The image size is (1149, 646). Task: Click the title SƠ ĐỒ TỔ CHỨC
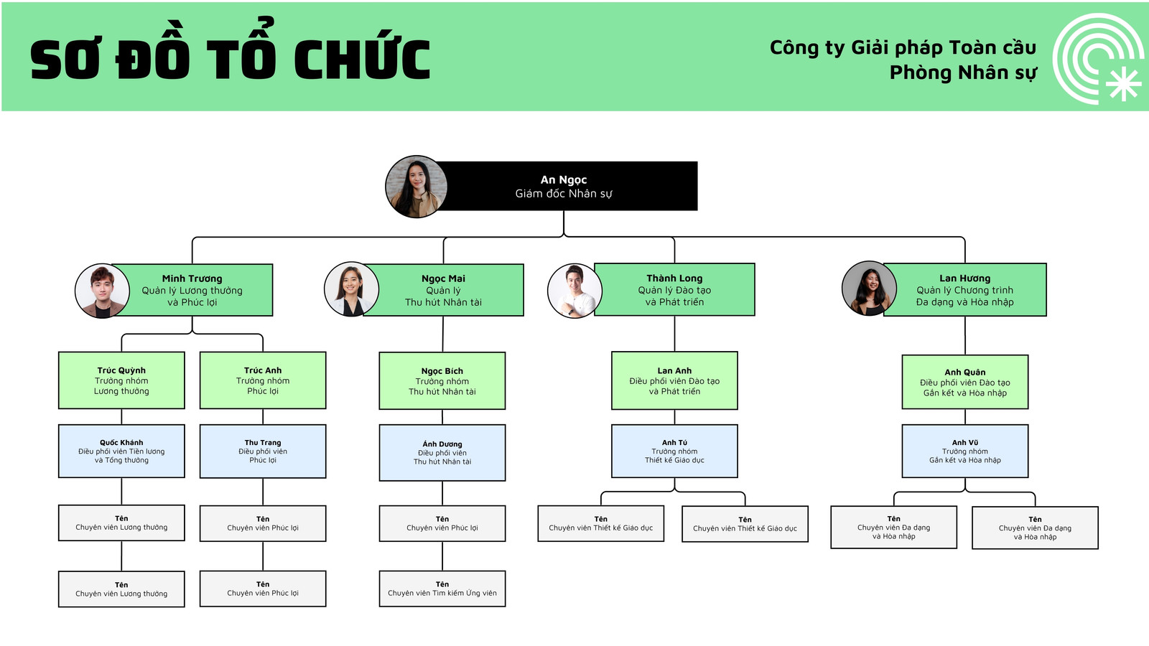coord(230,59)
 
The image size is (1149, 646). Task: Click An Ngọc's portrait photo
coord(416,187)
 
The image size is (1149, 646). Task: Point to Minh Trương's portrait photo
coord(102,290)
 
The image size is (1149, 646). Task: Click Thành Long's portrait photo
coord(574,291)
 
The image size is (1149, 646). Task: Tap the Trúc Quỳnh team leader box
coord(121,380)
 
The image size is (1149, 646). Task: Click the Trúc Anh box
coord(263,380)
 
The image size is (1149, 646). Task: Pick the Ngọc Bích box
coord(442,381)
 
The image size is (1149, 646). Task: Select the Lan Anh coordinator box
coord(674,380)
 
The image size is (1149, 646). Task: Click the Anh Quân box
coord(965,382)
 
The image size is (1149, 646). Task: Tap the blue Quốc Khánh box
coord(121,451)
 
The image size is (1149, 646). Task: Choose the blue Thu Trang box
coord(263,451)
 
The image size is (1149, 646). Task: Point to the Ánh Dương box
coord(442,452)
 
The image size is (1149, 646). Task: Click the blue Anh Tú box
coord(674,451)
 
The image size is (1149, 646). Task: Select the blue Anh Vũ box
coord(965,451)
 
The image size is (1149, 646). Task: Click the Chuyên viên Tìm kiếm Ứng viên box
coord(442,589)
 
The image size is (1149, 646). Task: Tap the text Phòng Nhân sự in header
coord(963,73)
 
